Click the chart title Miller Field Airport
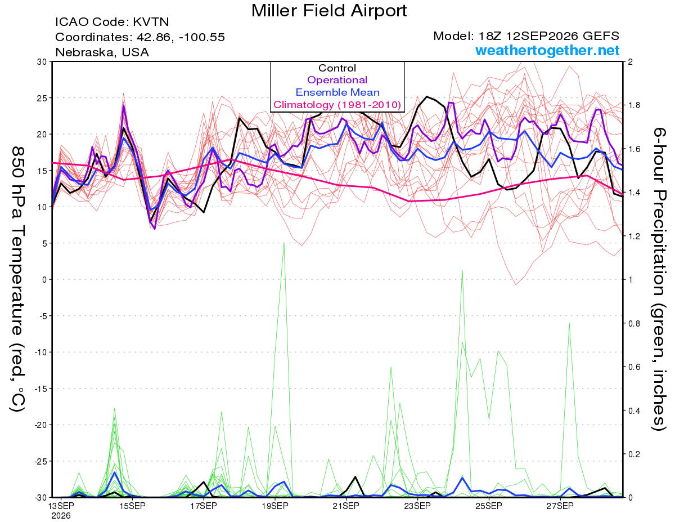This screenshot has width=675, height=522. pyautogui.click(x=329, y=11)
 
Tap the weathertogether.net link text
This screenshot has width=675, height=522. pyautogui.click(x=547, y=50)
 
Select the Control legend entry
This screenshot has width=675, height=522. pyautogui.click(x=337, y=68)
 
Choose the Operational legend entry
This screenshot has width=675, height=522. pyautogui.click(x=337, y=80)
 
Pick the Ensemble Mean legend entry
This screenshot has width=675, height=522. pyautogui.click(x=337, y=92)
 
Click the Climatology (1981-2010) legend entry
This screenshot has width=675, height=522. pyautogui.click(x=337, y=105)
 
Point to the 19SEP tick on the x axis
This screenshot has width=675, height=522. pyautogui.click(x=275, y=506)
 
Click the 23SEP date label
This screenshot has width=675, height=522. pyautogui.click(x=417, y=506)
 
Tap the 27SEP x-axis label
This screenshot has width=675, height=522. pyautogui.click(x=560, y=506)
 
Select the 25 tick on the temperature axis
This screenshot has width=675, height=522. pyautogui.click(x=42, y=98)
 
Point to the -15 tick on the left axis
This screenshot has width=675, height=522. pyautogui.click(x=40, y=389)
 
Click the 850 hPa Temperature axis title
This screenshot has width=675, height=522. pyautogui.click(x=17, y=279)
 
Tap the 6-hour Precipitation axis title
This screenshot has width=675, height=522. pyautogui.click(x=659, y=279)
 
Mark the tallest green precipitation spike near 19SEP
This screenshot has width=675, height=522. pyautogui.click(x=284, y=243)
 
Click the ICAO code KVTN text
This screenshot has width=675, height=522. pyautogui.click(x=112, y=22)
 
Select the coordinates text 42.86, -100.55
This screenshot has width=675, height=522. pyautogui.click(x=181, y=38)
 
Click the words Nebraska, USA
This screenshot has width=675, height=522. pyautogui.click(x=102, y=52)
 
